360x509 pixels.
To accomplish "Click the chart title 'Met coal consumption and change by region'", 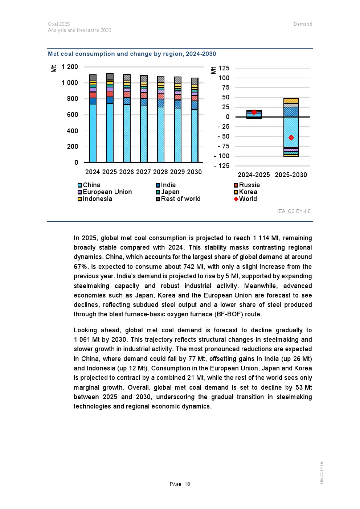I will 132,54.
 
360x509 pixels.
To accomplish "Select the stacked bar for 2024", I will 93,120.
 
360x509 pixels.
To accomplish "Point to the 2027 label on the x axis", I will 143,172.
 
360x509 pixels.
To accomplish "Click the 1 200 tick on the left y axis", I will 70,67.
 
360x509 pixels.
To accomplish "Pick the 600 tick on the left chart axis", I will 72,115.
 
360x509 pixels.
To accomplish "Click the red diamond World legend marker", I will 236,199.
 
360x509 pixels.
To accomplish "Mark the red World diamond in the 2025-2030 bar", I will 291,137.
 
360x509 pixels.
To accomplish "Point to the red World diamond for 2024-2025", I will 254,112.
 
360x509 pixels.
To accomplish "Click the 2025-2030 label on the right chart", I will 291,175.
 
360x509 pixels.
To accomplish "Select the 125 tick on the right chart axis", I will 224,68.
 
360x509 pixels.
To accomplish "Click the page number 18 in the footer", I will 187,484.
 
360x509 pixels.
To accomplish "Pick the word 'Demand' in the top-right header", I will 303,24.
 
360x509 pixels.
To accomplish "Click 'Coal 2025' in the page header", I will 59,24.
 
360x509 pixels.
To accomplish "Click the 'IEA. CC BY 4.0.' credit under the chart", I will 294,211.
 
